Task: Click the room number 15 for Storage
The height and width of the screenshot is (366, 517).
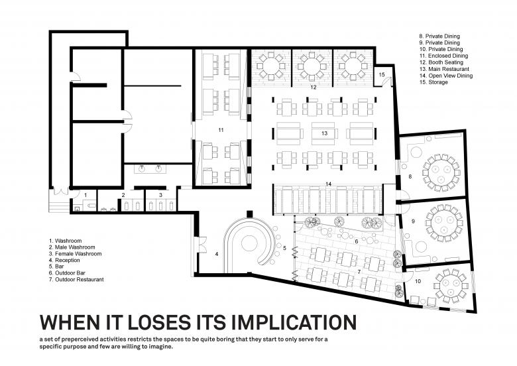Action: point(382,75)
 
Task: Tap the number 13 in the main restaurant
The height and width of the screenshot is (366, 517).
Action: point(324,133)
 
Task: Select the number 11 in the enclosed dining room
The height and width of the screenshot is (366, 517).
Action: point(221,130)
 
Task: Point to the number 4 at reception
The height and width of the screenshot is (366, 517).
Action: point(217,254)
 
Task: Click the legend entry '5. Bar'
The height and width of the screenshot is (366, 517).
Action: point(56,267)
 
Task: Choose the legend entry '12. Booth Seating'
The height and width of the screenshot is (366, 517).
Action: point(441,62)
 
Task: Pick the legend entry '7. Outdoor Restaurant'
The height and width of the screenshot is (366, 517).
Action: point(76,279)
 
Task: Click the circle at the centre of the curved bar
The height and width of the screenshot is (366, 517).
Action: point(249,243)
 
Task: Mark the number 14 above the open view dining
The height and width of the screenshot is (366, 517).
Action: point(328,184)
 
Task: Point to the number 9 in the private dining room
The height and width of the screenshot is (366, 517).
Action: point(413,221)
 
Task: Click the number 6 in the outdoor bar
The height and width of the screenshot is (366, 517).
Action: point(357,241)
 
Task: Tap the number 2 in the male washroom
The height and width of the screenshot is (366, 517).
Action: point(123,195)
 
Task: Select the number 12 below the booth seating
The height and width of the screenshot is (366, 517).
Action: point(314,87)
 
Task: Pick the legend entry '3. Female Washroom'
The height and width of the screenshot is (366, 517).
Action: point(75,253)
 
